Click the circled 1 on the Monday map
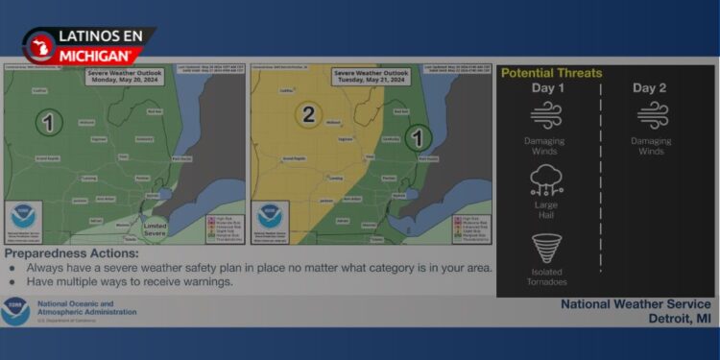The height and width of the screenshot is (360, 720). click(x=49, y=123)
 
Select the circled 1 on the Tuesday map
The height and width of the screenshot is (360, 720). click(x=417, y=138)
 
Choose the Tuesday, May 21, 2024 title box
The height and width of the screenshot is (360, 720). click(x=371, y=78)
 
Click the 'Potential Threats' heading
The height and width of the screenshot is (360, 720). click(x=552, y=73)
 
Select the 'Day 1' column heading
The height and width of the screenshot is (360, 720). click(x=548, y=89)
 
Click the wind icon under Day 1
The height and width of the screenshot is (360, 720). click(x=547, y=116)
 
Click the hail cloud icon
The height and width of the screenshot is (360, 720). click(x=547, y=180)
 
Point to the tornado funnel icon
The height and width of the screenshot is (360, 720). click(x=547, y=248)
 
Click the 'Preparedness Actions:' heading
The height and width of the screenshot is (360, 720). click(x=72, y=253)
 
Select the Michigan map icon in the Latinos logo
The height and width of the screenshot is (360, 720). click(x=40, y=46)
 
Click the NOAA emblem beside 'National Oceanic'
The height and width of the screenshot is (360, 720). click(x=15, y=310)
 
